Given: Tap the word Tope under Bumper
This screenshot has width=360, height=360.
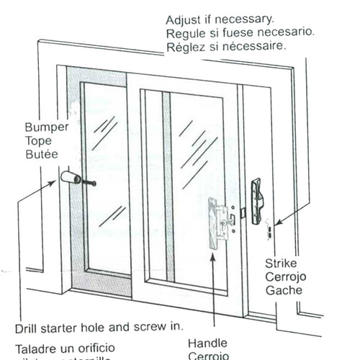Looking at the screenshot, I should point(38,140).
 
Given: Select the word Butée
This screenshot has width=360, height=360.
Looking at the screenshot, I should point(40,153).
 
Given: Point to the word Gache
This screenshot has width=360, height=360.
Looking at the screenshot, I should point(282,291).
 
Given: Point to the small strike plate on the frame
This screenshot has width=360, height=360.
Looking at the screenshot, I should point(269,229).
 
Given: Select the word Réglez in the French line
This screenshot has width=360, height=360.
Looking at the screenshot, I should point(185,47).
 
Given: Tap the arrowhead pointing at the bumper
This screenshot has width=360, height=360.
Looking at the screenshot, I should point(55,182).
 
